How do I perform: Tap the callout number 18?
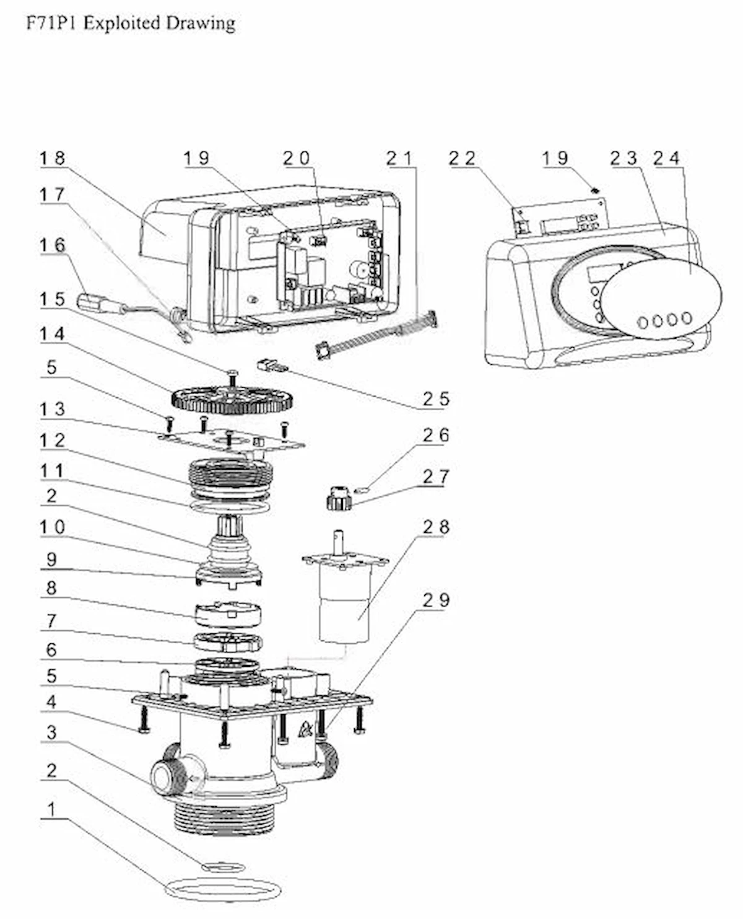click(x=53, y=158)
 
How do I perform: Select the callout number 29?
click(x=436, y=600)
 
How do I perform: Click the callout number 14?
click(x=53, y=334)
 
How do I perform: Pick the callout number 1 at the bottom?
click(x=52, y=809)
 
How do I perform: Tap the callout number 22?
click(x=462, y=158)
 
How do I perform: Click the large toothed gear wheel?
click(x=232, y=398)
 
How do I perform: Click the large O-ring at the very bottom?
click(x=223, y=890)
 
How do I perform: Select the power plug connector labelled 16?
click(x=93, y=303)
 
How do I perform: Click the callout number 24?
click(x=667, y=158)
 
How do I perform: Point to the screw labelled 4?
click(x=143, y=720)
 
